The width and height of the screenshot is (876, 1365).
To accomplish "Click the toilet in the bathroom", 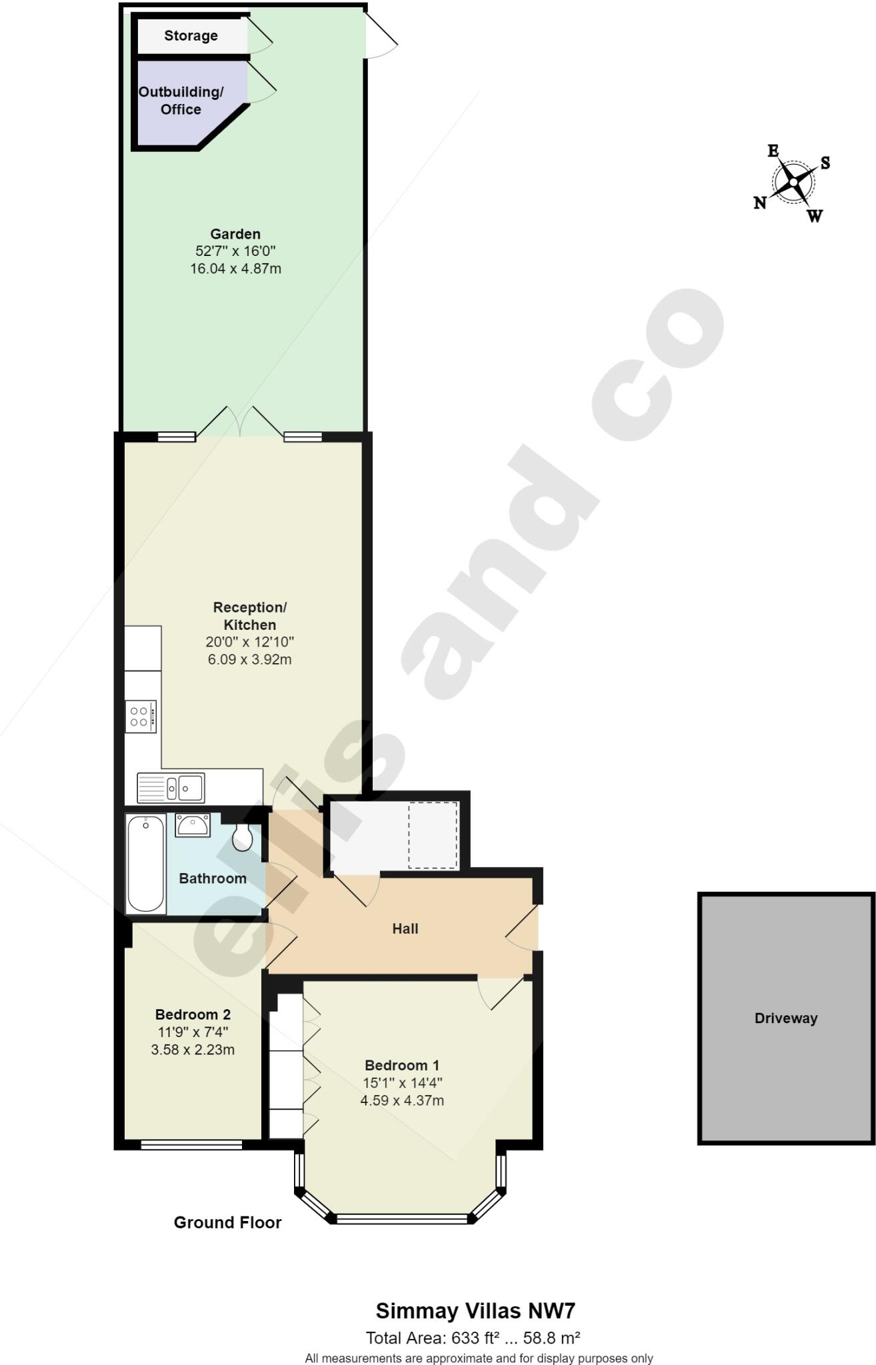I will coord(243,837).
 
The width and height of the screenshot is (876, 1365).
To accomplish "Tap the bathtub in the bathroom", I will coord(146,863).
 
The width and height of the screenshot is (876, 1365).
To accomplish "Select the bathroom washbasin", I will coord(193,825).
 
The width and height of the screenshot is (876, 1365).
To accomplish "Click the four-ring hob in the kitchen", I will coord(141,716).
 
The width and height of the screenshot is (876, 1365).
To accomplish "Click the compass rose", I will coord(793,182).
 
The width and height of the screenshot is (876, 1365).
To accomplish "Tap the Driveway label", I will coord(785,1018).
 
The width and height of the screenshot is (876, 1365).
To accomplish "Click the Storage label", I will coord(191,36).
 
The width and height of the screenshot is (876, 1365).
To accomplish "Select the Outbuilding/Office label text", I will coord(181,101).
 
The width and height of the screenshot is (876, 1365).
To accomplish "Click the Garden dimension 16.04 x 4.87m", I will coord(235,269).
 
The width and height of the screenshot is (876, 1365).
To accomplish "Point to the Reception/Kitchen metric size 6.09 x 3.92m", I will coord(249,660).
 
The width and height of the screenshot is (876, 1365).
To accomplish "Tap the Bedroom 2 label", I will coord(193,1014).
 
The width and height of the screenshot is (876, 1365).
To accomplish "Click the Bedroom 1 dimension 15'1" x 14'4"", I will coord(402,1083).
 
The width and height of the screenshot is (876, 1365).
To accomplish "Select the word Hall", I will coord(405,928).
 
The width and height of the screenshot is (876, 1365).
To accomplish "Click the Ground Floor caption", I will coord(227,1222).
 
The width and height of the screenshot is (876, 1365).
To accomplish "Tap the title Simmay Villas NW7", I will coord(475,1311).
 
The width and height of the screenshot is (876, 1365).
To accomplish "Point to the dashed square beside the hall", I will coord(433,835).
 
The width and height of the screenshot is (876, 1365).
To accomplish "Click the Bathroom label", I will coord(213,878).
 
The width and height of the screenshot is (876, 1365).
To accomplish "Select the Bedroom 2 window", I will coord(191,1144).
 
